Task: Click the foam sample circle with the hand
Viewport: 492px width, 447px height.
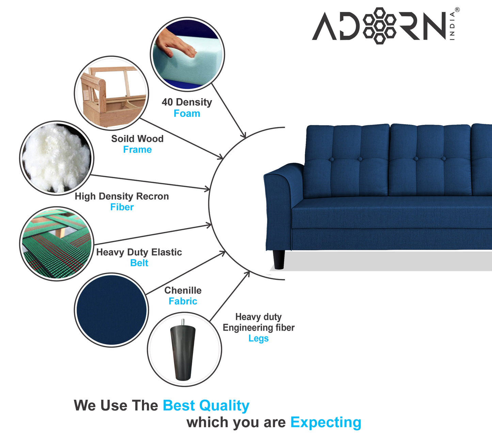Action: coord(187,54)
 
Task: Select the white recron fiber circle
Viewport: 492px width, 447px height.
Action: coord(57,158)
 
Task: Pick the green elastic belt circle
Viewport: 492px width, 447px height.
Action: coord(57,244)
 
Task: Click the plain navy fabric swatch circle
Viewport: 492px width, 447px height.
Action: coord(111,310)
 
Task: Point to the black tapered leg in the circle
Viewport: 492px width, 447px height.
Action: coord(183,352)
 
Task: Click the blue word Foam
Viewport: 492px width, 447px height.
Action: coord(187,114)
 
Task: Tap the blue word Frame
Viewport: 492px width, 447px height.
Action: coord(137,150)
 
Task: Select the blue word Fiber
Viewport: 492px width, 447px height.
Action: coord(122,207)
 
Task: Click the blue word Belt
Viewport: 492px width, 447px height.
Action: coord(139,263)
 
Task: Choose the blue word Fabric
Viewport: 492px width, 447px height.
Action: coord(183,301)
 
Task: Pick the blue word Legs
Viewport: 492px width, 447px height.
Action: coord(258,338)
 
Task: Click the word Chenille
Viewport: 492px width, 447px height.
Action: coord(183,291)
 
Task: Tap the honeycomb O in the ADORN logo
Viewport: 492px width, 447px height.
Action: coord(379,26)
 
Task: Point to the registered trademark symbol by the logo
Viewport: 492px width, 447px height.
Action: coord(457,10)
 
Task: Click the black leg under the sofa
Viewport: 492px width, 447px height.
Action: coord(279,260)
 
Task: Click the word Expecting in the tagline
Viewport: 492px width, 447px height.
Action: coord(326,423)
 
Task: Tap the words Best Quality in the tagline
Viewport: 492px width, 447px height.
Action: coord(206,405)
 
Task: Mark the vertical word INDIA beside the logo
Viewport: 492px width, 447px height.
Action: coord(452,26)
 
